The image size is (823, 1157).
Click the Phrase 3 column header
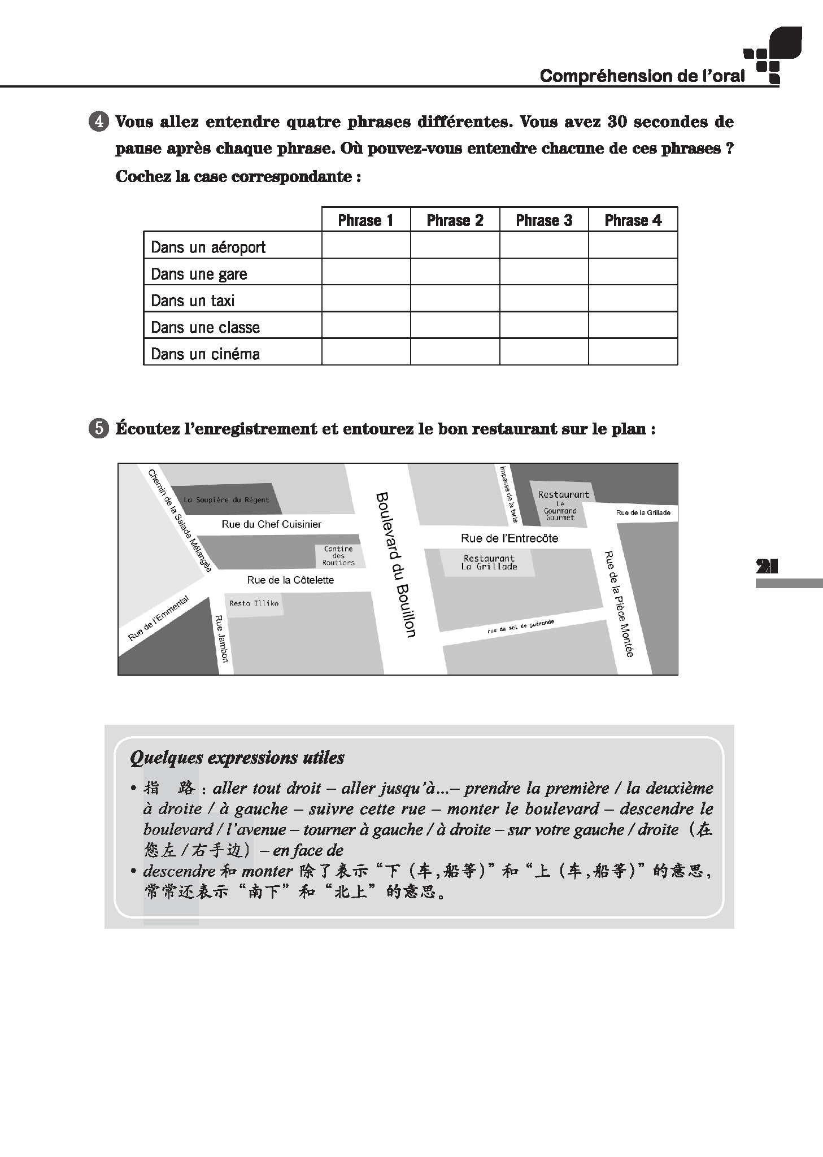click(x=544, y=220)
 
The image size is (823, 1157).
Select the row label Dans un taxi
click(x=193, y=300)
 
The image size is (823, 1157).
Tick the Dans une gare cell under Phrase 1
click(x=366, y=272)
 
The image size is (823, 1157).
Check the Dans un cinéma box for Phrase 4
click(x=633, y=352)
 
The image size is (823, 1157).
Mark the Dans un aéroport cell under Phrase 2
click(x=455, y=245)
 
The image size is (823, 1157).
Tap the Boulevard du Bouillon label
click(x=395, y=564)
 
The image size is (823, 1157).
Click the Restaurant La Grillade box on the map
click(x=489, y=563)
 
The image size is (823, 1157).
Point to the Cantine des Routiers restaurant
click(x=338, y=555)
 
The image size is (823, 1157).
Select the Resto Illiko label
click(x=254, y=603)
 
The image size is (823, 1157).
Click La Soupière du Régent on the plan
click(x=226, y=499)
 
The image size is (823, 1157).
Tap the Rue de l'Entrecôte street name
click(x=509, y=538)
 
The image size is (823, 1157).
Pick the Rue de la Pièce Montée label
click(x=619, y=603)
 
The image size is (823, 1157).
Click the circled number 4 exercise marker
click(x=99, y=122)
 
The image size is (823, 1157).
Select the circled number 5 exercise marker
click(x=99, y=429)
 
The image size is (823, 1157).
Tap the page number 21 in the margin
click(x=767, y=566)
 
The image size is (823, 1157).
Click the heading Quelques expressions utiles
click(x=237, y=758)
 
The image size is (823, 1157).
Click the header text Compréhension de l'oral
click(x=642, y=76)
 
